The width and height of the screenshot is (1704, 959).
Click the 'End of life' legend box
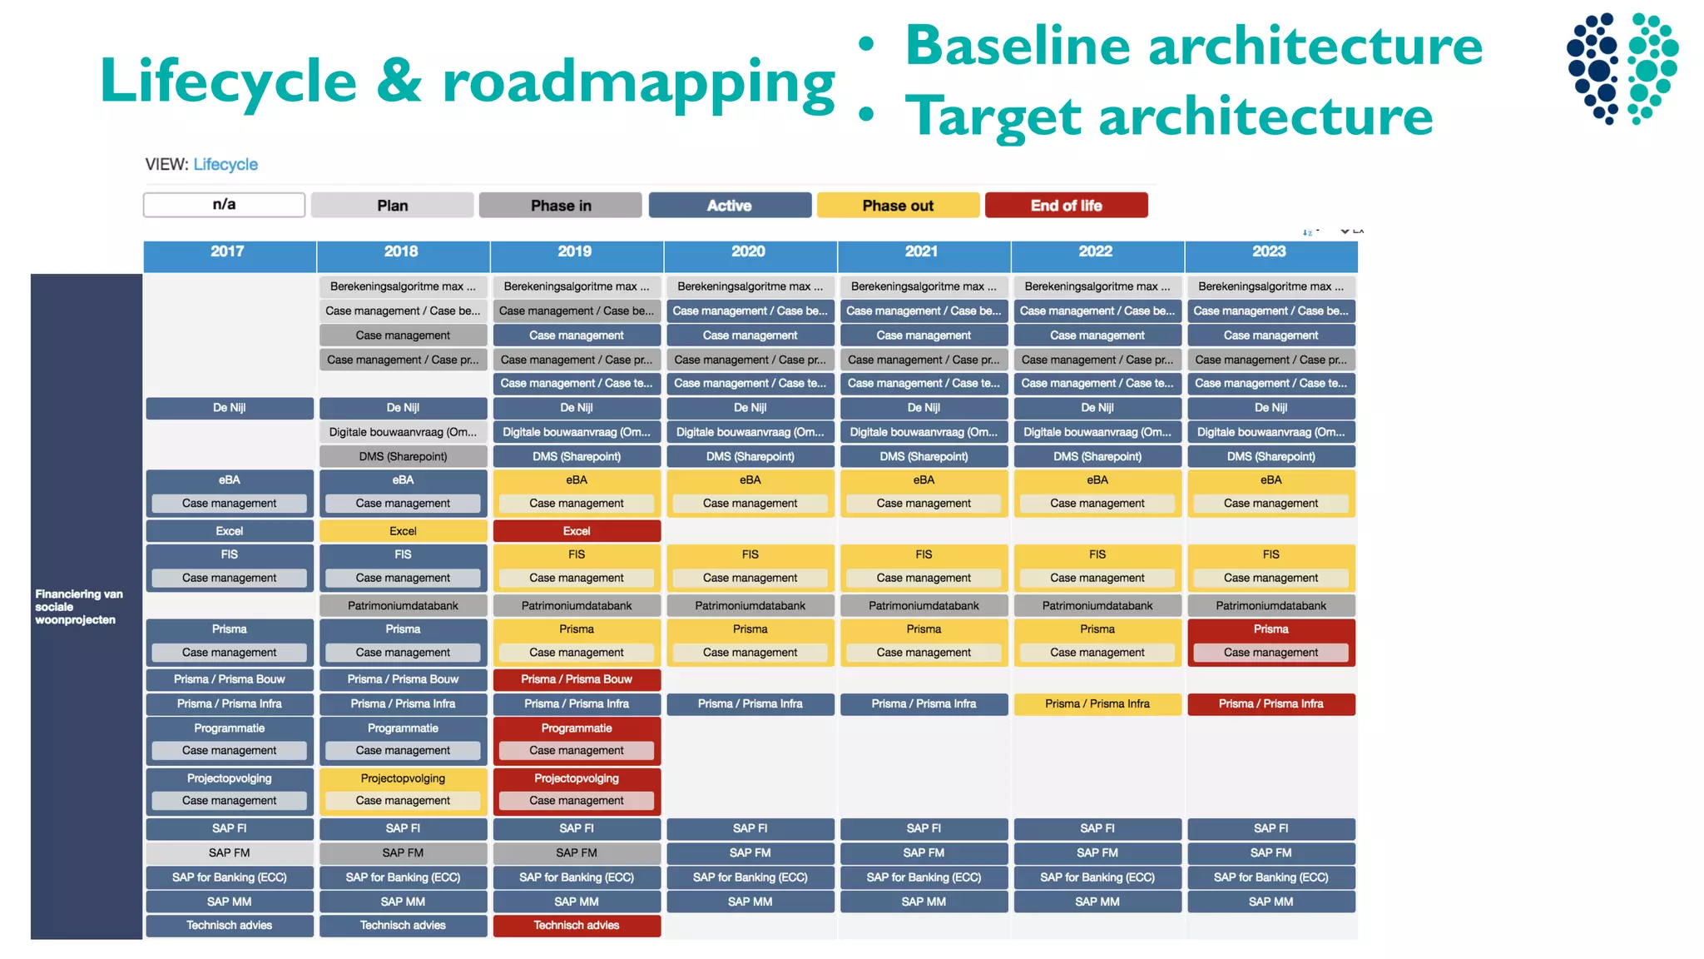tap(1066, 205)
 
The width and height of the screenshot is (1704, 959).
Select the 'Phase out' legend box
tap(898, 205)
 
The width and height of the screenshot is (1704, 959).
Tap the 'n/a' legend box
tap(224, 205)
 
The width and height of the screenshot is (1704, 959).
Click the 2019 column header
tap(575, 251)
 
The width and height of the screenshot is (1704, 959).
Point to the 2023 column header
tap(1270, 251)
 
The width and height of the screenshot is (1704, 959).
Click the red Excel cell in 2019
tap(577, 531)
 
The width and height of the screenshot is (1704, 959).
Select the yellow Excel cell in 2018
tap(403, 531)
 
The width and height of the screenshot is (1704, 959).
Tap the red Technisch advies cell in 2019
tap(577, 925)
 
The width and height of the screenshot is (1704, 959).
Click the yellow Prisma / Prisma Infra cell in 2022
tap(1097, 704)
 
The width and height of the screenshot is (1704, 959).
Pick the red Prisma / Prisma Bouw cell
tap(577, 679)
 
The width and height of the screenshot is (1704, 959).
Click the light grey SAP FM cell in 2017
tap(230, 852)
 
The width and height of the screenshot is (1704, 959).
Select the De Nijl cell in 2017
tap(230, 408)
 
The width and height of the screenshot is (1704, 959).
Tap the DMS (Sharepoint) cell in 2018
tap(403, 456)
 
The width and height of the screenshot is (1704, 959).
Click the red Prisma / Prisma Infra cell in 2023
tap(1271, 704)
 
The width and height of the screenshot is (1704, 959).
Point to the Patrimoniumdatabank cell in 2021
tap(924, 606)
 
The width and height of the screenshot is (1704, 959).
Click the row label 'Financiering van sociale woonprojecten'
tap(78, 607)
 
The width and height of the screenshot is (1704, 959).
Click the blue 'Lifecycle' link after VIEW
tap(225, 165)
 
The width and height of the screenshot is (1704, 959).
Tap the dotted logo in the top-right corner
tap(1622, 68)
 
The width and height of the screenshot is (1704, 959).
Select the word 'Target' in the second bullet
tap(993, 117)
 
